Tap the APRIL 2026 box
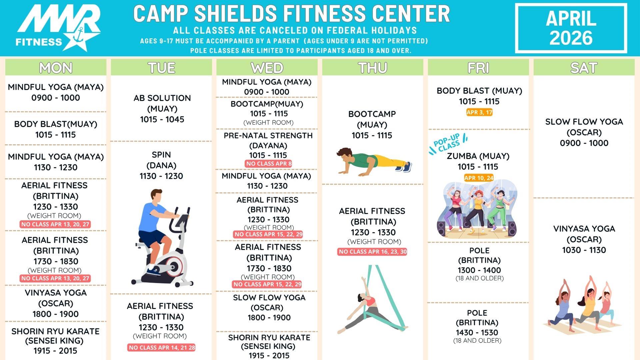point(571,28)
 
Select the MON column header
point(56,68)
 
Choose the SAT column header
point(584,68)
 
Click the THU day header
point(372,68)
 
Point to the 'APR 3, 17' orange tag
point(479,112)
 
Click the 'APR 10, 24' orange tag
point(479,178)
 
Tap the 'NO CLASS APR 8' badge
point(269,164)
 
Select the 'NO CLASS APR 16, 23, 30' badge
point(372,252)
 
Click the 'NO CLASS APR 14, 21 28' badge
point(161,348)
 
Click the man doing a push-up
point(373,162)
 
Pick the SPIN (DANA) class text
point(161,160)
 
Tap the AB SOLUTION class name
point(162,98)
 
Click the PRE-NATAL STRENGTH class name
point(268,136)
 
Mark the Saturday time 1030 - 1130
point(584,250)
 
